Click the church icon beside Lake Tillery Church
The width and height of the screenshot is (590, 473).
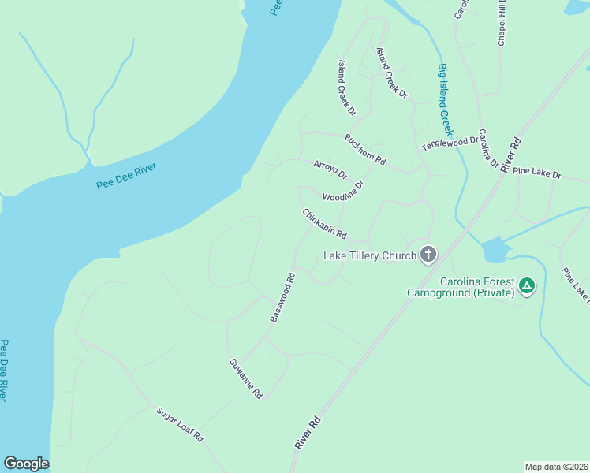(x=428, y=254)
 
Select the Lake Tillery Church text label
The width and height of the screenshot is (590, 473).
(x=369, y=255)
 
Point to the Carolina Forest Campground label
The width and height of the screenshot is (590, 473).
(x=461, y=287)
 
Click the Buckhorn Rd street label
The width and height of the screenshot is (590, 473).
(x=364, y=150)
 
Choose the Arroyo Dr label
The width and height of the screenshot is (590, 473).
(x=330, y=169)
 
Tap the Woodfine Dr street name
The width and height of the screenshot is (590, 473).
(x=343, y=192)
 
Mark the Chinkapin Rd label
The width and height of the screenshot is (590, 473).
(x=324, y=224)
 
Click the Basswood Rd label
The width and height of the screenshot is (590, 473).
(x=282, y=297)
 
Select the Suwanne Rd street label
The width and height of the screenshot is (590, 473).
(x=245, y=378)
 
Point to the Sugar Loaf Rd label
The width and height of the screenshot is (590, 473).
(x=180, y=424)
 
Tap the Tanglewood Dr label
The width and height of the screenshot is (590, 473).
(x=450, y=143)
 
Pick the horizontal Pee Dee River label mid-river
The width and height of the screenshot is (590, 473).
(x=126, y=176)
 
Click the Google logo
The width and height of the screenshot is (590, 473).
(x=26, y=464)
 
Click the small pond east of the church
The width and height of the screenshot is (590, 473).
(x=495, y=249)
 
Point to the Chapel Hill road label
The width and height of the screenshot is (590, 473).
(x=500, y=24)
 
